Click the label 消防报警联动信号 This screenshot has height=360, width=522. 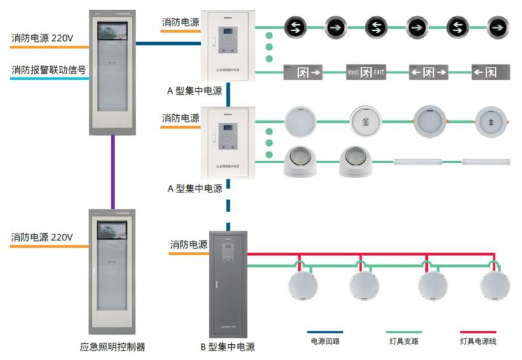(48, 69)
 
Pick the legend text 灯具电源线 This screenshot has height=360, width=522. (478, 342)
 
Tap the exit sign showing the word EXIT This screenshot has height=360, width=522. (366, 73)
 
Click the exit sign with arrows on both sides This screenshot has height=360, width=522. (429, 73)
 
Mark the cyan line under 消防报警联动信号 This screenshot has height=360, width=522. (45, 78)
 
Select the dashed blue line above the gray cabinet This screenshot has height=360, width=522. (227, 204)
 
